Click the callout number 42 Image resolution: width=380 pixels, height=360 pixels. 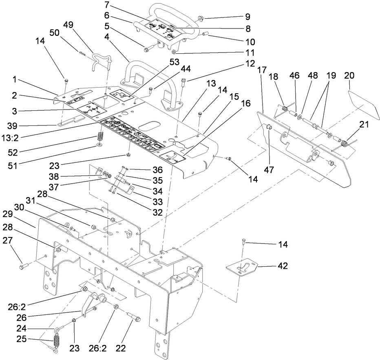pyautogui.click(x=283, y=266)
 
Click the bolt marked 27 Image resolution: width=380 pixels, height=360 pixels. pyautogui.click(x=23, y=266)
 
